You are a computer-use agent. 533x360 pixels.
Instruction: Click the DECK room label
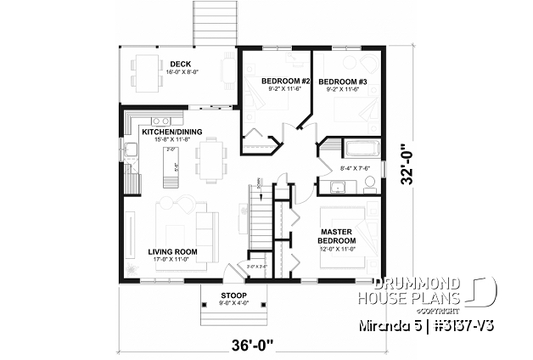179,64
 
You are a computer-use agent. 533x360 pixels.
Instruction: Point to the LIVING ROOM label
172,252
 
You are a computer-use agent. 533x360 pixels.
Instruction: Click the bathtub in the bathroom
364,150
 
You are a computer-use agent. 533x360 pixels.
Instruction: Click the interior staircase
261,225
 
